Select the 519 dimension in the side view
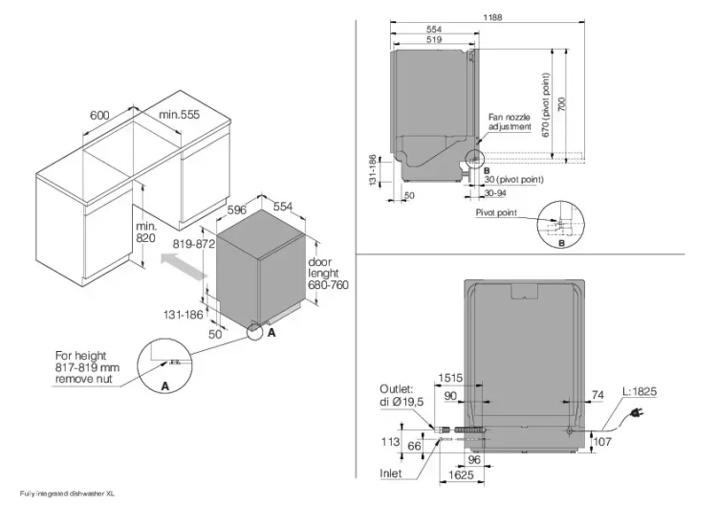pyautogui.click(x=434, y=40)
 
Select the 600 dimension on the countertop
pyautogui.click(x=99, y=115)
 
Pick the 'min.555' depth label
pyautogui.click(x=179, y=115)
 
